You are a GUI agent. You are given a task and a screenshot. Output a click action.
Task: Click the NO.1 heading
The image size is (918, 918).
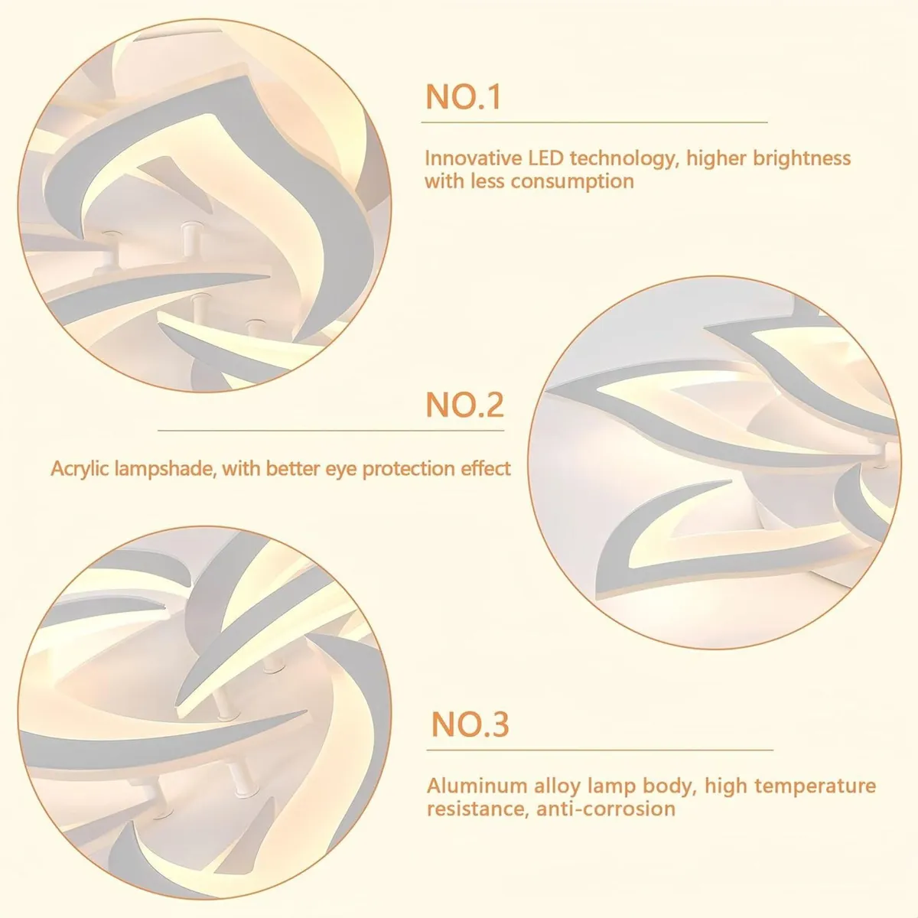463,97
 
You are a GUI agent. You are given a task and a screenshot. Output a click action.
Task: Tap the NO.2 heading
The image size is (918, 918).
464,405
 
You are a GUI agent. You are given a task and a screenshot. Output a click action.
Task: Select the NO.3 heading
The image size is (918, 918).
470,724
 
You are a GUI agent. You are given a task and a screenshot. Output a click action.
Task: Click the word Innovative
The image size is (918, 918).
474,158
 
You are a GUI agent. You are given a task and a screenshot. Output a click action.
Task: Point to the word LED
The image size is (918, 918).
545,158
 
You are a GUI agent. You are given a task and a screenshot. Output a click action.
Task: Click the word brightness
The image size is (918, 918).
802,158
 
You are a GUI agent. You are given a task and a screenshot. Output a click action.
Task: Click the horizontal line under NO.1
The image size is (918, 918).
594,122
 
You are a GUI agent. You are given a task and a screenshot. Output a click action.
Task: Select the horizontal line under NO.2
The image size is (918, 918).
330,431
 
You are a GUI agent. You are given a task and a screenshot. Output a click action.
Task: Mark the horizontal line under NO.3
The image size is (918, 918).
600,750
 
